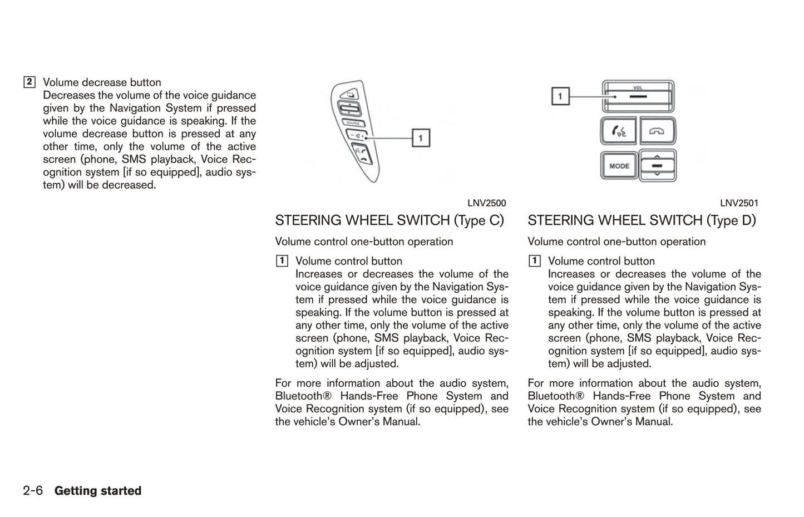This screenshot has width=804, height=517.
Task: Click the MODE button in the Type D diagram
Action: point(619,165)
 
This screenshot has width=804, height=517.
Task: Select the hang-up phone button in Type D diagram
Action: point(657,131)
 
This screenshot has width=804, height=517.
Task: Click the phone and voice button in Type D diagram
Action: point(619,131)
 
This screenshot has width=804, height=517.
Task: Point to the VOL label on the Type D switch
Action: point(638,87)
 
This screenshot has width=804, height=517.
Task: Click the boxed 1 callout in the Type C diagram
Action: point(421,137)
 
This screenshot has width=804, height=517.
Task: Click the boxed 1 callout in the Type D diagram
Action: point(560,96)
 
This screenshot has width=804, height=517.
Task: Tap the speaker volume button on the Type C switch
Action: point(356,135)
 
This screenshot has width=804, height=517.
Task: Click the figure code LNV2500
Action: point(486,203)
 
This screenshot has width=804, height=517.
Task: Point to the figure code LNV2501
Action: point(739,203)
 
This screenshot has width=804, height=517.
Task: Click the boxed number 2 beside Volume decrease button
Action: point(29,82)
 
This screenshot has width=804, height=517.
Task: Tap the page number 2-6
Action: point(33,491)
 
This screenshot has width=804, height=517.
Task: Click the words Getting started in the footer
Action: point(98,491)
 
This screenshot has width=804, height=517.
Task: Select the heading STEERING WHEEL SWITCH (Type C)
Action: point(389,220)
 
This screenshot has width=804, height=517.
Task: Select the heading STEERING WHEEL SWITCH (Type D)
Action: point(642,220)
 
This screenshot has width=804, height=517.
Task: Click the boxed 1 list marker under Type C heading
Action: point(282,261)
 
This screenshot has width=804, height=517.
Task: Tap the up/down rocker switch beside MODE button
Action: point(657,165)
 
